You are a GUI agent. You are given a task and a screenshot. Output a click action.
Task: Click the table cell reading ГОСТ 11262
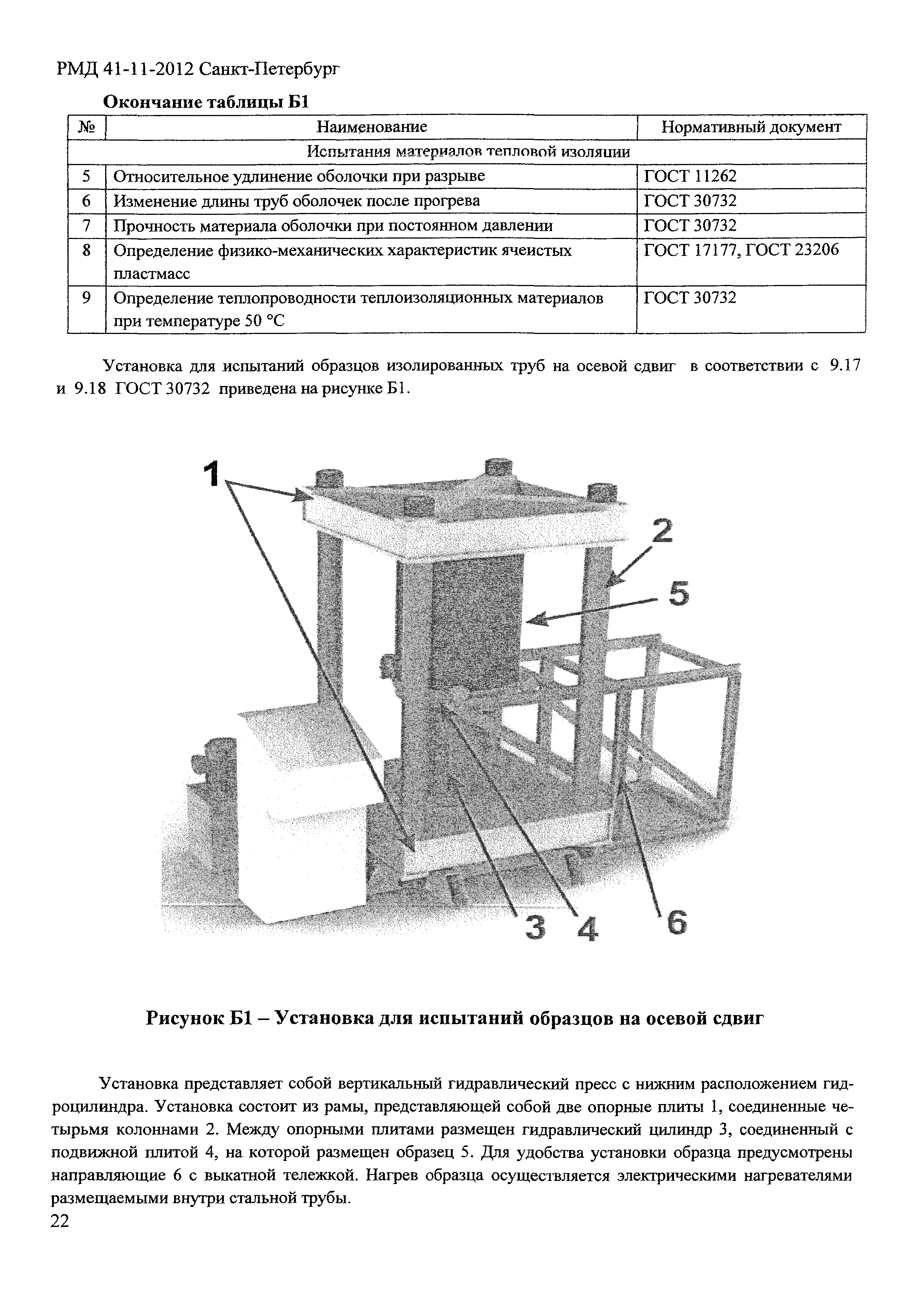[x=690, y=176]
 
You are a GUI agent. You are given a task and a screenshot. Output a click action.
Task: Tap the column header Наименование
[x=372, y=127]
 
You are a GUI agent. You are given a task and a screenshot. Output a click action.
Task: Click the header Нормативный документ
[x=751, y=127]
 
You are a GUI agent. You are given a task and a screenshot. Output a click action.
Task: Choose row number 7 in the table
[x=86, y=225]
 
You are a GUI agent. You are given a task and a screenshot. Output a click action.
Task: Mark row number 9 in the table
[x=86, y=297]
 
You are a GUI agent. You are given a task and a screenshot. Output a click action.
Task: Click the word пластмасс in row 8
[x=152, y=274]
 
